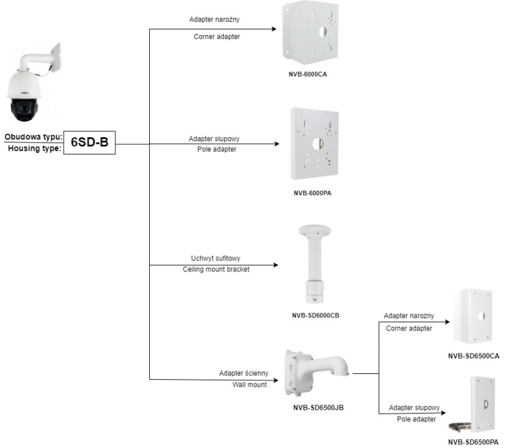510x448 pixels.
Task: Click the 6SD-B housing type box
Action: pyautogui.click(x=89, y=142)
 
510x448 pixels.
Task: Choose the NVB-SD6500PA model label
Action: pyautogui.click(x=473, y=440)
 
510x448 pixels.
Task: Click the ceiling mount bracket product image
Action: pyautogui.click(x=313, y=265)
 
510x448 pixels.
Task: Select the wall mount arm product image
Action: pyautogui.click(x=316, y=373)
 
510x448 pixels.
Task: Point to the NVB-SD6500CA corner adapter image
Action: pyautogui.click(x=474, y=317)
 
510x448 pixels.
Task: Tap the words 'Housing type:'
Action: pyautogui.click(x=33, y=148)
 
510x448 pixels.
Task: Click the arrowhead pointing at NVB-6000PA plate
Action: pyautogui.click(x=276, y=144)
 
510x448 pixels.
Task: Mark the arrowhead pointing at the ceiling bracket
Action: pyautogui.click(x=276, y=265)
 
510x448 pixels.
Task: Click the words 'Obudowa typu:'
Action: pyautogui.click(x=33, y=137)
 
